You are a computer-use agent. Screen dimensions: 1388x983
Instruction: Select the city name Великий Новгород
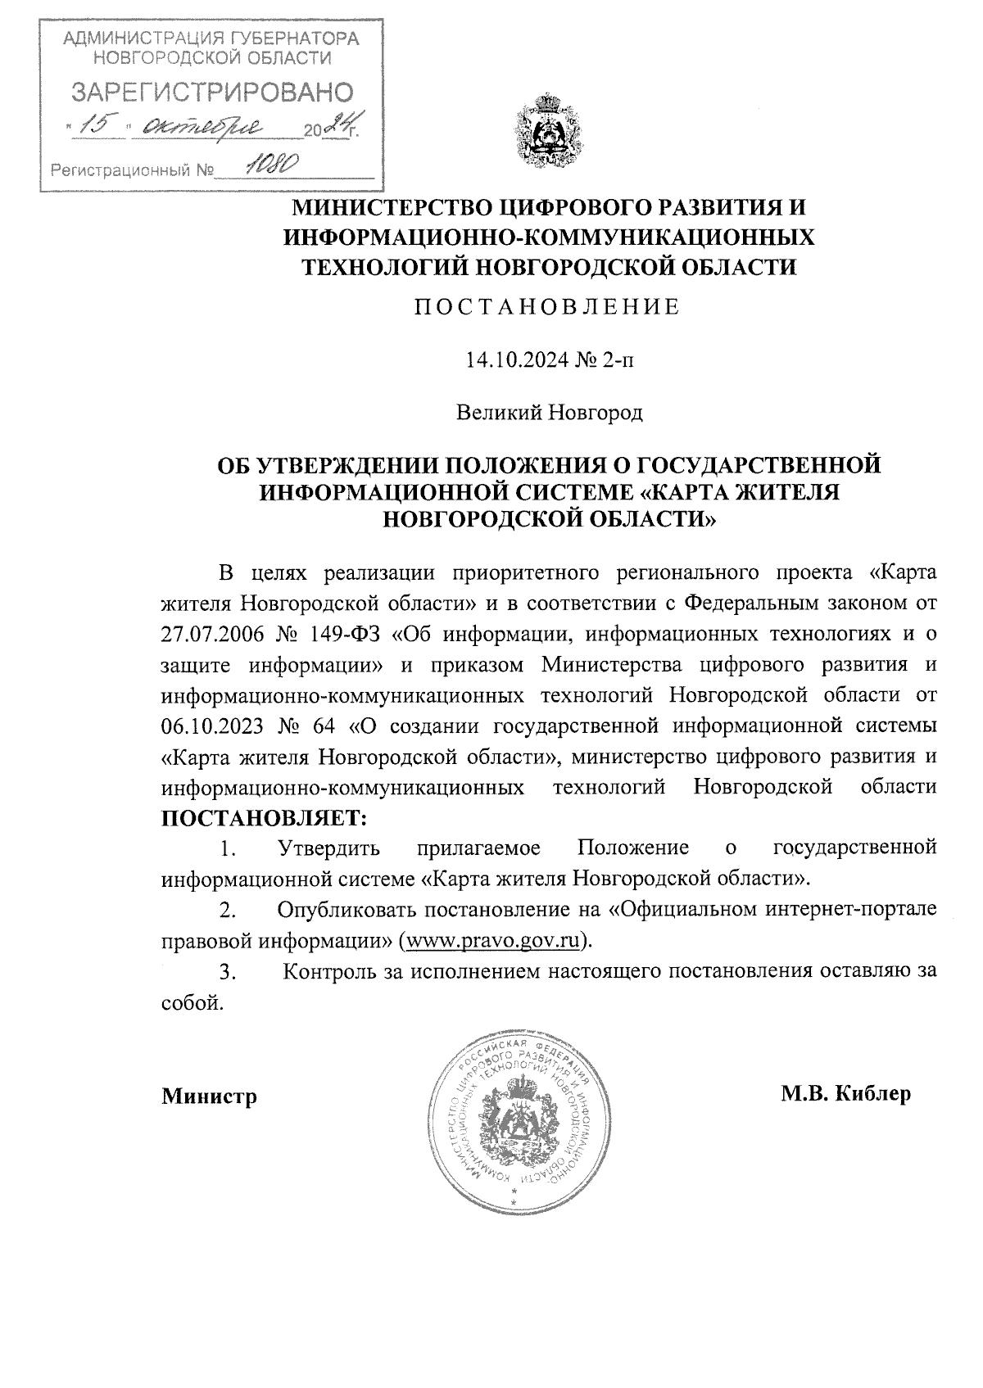pos(549,413)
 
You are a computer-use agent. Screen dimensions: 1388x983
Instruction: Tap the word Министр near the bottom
pos(209,1096)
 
